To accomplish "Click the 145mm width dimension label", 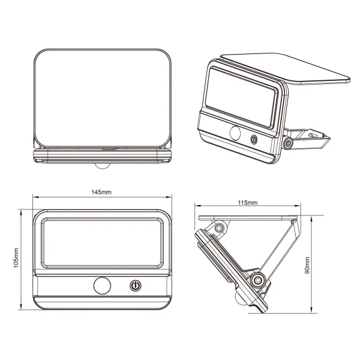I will point(101,192).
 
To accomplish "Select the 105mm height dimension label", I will point(16,258).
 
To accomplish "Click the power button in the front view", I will point(136,286).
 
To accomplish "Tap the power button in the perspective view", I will point(254,139).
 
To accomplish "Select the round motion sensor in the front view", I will point(101,286).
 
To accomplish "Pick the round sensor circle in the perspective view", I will point(232,133).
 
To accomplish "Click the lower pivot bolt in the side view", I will point(259,280).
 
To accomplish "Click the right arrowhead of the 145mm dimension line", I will point(168,196).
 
